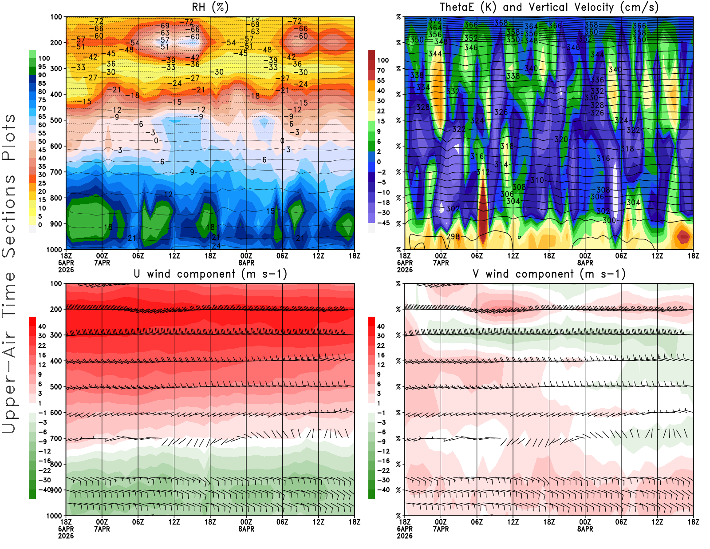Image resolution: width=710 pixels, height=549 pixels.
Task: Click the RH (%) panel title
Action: (210, 7)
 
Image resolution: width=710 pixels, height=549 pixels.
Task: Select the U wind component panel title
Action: (210, 274)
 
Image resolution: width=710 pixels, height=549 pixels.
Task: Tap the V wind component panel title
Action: (549, 274)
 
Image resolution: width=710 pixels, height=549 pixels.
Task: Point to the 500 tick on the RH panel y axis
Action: (56, 120)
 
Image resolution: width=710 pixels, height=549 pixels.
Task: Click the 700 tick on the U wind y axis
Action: (56, 438)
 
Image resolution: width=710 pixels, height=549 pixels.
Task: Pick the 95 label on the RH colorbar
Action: (42, 67)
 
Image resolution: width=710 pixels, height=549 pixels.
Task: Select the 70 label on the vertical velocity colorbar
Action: (381, 70)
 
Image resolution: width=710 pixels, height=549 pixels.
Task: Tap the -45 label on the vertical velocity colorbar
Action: (383, 223)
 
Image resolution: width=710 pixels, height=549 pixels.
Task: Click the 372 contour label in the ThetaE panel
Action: (434, 21)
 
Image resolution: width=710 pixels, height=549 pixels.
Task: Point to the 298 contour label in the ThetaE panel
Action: (453, 236)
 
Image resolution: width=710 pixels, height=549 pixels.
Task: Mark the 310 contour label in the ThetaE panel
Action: (537, 180)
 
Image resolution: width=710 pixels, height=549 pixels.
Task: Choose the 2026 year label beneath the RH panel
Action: (66, 270)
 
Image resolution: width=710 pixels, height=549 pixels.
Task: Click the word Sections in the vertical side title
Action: (9, 215)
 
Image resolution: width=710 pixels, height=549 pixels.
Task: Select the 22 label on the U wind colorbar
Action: (42, 346)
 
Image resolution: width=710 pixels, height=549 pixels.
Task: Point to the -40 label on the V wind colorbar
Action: (383, 489)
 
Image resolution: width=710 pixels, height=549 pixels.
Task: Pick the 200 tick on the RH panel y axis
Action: (56, 43)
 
